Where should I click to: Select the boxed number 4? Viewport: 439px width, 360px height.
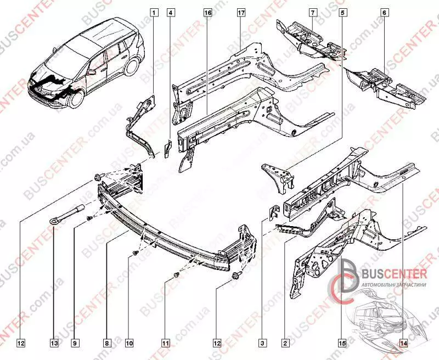tap(171, 12)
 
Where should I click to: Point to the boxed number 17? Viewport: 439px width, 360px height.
tap(240, 12)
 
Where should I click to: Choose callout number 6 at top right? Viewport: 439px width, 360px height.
tap(384, 12)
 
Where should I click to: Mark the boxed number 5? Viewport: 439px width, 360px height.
tap(342, 12)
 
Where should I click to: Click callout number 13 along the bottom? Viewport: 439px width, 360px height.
tap(54, 344)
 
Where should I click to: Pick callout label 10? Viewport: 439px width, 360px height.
tap(129, 344)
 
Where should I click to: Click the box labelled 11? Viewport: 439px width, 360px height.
tap(165, 344)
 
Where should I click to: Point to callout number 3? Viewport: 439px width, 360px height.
tap(263, 344)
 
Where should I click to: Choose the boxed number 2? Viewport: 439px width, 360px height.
tap(285, 344)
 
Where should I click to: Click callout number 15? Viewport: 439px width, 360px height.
tap(341, 344)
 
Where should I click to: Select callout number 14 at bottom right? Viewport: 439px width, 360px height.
tap(403, 344)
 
